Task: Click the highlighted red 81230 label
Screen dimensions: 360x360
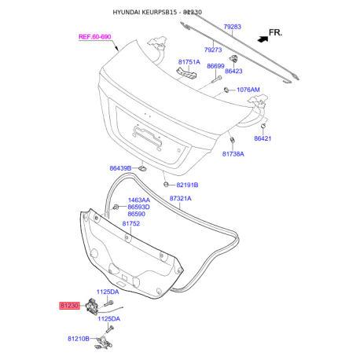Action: [x=69, y=306]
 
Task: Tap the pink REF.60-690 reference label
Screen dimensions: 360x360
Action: [x=95, y=37]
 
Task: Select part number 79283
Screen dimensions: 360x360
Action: [x=232, y=27]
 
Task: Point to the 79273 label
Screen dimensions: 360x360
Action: [x=213, y=50]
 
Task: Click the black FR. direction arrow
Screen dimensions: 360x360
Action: [x=263, y=39]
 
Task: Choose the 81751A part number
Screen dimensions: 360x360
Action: [x=189, y=62]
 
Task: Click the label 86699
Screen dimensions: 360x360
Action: [x=215, y=66]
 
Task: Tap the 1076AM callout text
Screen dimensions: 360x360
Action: [x=248, y=90]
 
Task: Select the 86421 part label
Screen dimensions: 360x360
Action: [x=263, y=138]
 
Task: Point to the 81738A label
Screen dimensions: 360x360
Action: [x=233, y=154]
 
